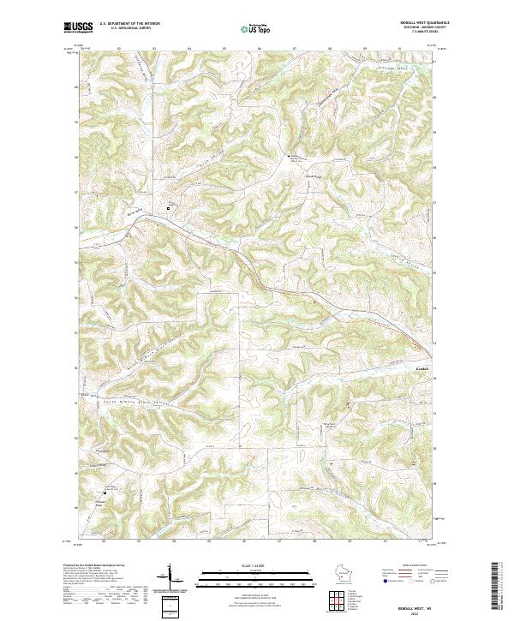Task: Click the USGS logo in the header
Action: pyautogui.click(x=78, y=27)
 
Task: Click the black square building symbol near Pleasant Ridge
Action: pyautogui.click(x=105, y=494)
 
